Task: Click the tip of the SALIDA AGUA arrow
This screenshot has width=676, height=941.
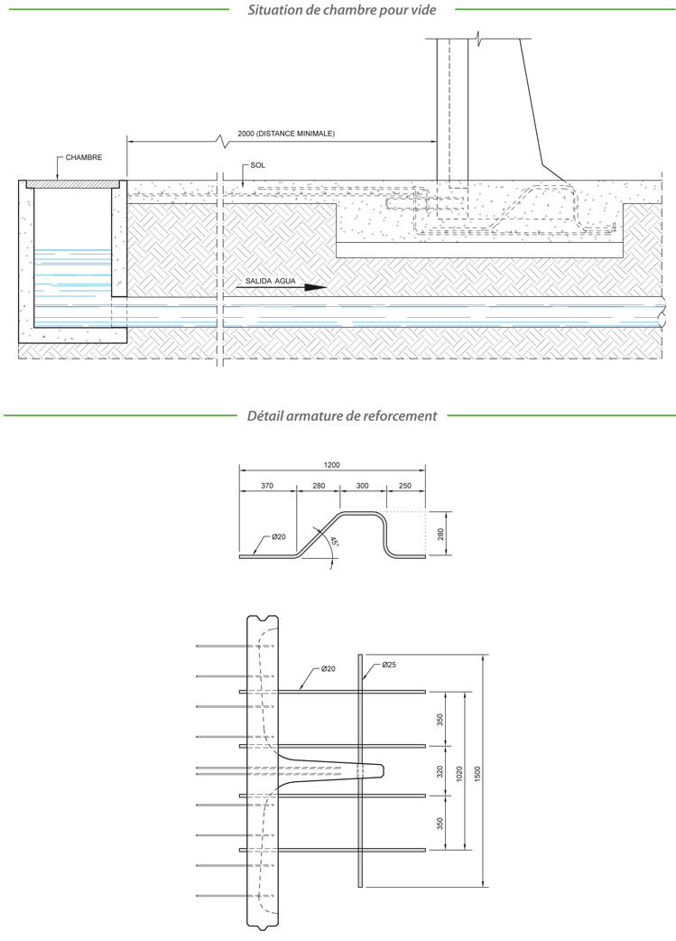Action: (x=327, y=287)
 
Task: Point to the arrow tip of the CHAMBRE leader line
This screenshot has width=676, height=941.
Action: (x=57, y=180)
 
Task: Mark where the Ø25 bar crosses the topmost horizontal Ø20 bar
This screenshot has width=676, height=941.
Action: (x=360, y=692)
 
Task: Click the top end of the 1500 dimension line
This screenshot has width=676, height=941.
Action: (x=484, y=655)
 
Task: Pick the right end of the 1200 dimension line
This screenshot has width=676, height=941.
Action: (x=425, y=471)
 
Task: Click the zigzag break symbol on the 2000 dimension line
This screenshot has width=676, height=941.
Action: (x=221, y=142)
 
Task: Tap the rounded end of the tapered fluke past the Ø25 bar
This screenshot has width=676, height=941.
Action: (x=382, y=770)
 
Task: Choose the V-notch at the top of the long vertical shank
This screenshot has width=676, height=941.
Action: (x=264, y=619)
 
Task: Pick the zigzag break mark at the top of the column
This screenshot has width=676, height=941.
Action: (x=478, y=40)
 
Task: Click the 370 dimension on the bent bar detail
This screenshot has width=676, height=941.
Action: (x=267, y=486)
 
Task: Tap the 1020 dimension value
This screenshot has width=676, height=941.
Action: (x=459, y=771)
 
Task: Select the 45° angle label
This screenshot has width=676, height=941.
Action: (x=334, y=542)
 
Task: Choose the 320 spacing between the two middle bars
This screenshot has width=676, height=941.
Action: (x=440, y=771)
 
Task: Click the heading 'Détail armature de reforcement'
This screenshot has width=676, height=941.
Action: (x=342, y=415)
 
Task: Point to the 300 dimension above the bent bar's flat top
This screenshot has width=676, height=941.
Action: (x=362, y=486)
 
